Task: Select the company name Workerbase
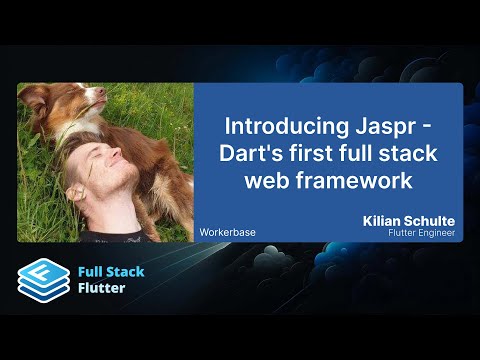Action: [x=227, y=232]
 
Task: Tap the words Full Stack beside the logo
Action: [x=112, y=270]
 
